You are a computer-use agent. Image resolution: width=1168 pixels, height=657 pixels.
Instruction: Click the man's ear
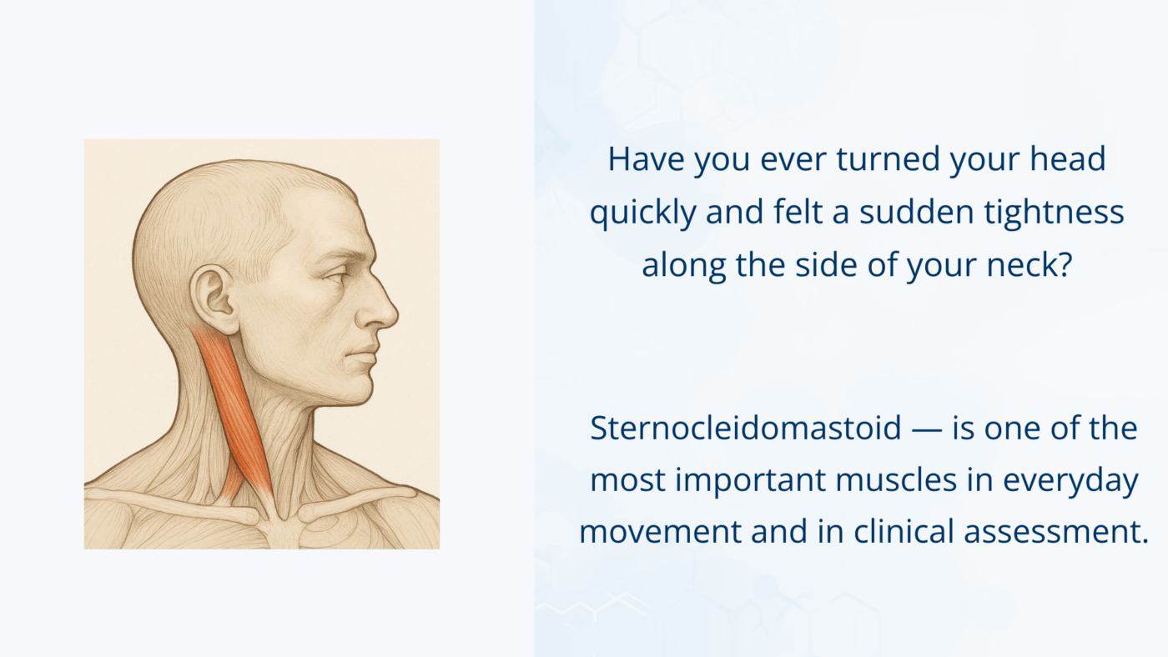click(x=211, y=293)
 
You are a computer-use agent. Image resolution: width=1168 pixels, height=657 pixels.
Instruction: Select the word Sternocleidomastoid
click(x=746, y=429)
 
